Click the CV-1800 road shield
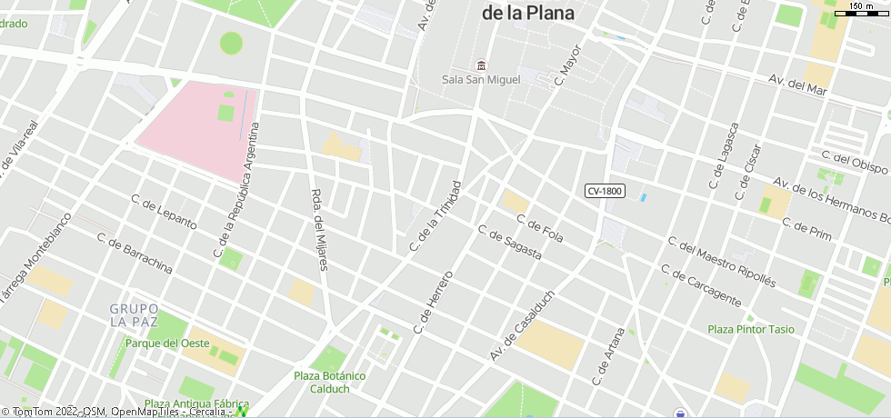tap(605, 191)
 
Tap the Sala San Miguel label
tap(481, 80)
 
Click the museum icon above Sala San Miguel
tap(481, 65)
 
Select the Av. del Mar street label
tap(797, 84)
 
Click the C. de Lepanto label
tap(164, 212)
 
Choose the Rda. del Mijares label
tap(319, 230)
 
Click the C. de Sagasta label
tap(509, 243)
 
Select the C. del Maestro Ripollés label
tap(721, 262)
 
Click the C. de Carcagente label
tap(701, 284)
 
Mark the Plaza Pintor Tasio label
tap(751, 329)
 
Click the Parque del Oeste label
tap(167, 343)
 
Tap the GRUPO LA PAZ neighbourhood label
tap(134, 315)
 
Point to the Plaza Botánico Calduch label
tap(329, 382)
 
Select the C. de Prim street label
tap(806, 229)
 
